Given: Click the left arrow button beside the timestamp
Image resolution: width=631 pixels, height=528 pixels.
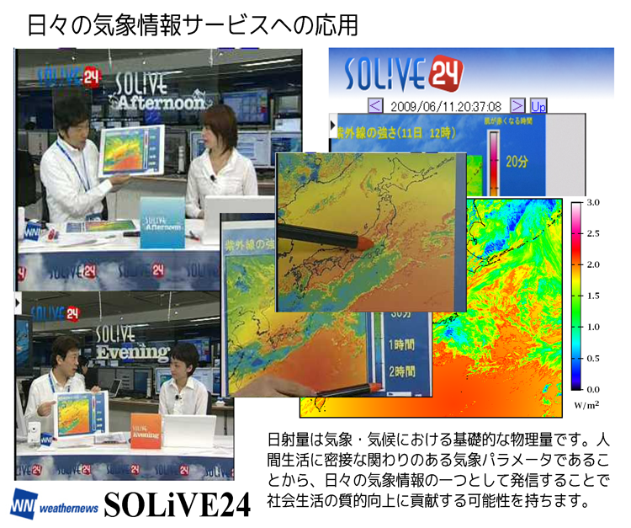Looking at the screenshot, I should [375, 106].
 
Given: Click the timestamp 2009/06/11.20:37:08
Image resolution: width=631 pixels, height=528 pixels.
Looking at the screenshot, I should [447, 106].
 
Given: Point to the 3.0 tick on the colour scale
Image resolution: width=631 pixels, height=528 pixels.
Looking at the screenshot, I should [593, 203].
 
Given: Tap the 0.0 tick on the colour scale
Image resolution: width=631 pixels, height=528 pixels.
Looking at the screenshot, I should [593, 389].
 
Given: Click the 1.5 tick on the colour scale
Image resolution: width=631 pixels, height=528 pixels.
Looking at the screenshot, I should [593, 296].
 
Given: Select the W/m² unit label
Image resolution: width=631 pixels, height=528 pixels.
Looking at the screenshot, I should [586, 405].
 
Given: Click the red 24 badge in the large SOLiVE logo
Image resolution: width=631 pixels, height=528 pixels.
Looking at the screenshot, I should [444, 75].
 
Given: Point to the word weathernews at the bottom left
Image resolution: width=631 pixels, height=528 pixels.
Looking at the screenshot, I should [70, 508].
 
